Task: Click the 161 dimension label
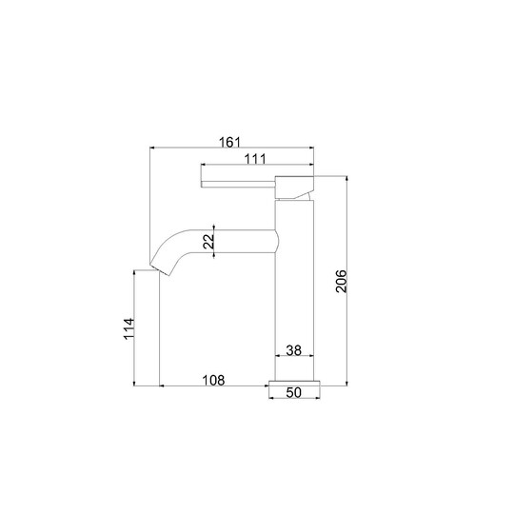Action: point(229,142)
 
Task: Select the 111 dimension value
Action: point(256,159)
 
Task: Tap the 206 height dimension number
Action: point(342,281)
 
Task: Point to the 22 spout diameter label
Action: point(208,242)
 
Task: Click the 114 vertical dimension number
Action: point(129,328)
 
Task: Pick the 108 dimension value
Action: point(213,380)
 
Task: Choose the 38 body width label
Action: point(293,350)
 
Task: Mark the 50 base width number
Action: point(293,392)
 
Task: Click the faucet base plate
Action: point(294,384)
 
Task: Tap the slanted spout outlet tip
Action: point(160,269)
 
